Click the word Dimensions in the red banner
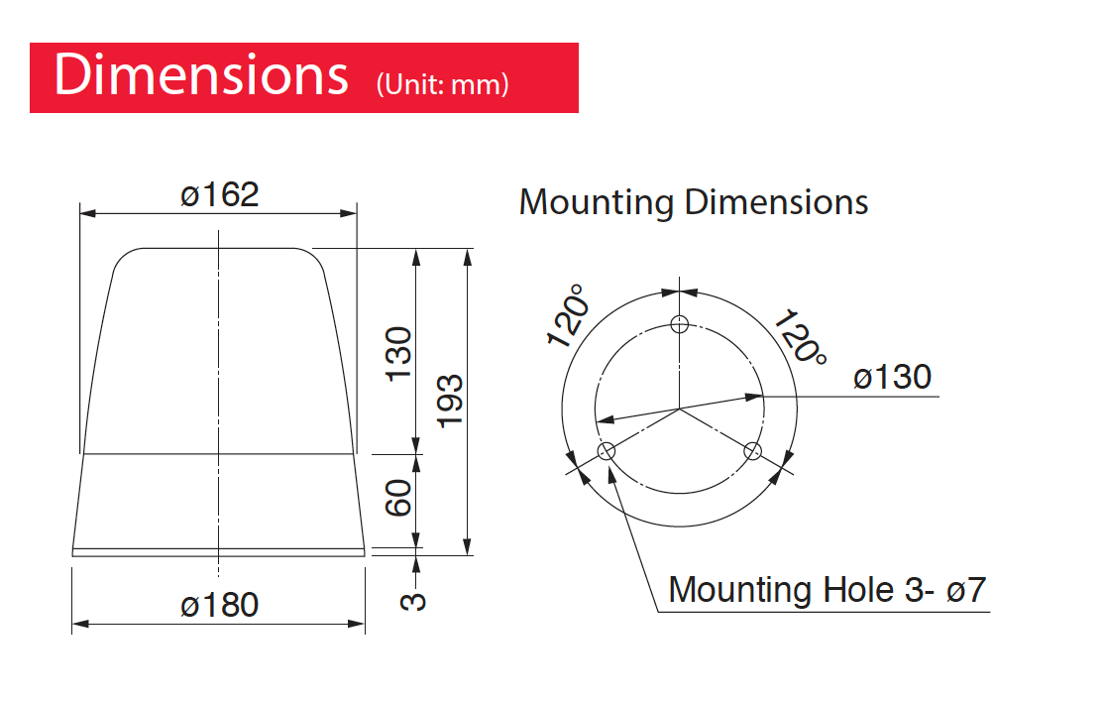[x=201, y=74]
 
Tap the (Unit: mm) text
[x=442, y=84]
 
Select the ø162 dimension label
[x=220, y=195]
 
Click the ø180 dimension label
[x=220, y=606]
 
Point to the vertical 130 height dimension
[x=398, y=354]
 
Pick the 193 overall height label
[x=451, y=402]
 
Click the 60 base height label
[x=398, y=498]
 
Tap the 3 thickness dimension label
[x=413, y=601]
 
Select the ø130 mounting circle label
[x=892, y=378]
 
